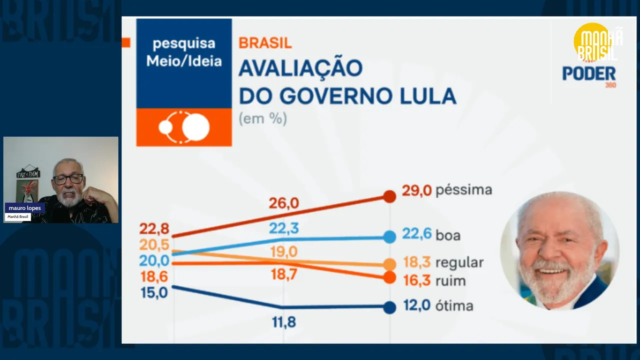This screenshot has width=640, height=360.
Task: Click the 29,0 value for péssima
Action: click(416, 190)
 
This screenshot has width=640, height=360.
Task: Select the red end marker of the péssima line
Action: click(389, 196)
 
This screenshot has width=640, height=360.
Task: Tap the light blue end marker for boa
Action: click(389, 237)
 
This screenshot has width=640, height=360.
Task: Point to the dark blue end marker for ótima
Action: click(389, 307)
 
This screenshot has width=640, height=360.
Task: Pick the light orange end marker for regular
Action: click(389, 264)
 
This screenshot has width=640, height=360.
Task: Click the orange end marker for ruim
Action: click(389, 277)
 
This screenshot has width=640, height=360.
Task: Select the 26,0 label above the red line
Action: click(283, 203)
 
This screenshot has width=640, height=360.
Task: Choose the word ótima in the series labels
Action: click(454, 306)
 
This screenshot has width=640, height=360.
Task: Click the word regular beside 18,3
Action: click(459, 263)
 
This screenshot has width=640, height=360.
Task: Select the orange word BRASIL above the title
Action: click(265, 43)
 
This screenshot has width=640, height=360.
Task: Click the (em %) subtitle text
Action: click(262, 119)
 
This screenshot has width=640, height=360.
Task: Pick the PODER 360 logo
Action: click(589, 75)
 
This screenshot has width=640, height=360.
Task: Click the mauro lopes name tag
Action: click(24, 208)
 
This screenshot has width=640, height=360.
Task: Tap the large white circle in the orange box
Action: click(195, 127)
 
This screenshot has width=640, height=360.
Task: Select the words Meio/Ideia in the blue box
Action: click(184, 61)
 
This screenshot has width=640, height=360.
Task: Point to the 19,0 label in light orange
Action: click(283, 252)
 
